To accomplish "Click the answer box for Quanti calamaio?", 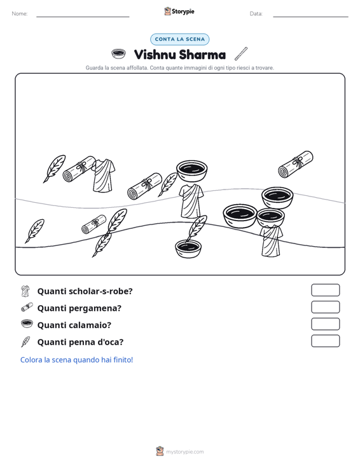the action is pos(325,324).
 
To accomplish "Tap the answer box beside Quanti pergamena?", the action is pos(325,307).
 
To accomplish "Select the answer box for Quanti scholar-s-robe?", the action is pos(325,290).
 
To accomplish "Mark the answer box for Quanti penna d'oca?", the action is pos(325,341).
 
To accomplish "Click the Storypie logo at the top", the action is pos(179,11).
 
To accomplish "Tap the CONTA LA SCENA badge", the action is pos(179,39).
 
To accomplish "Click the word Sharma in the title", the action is pos(202,55).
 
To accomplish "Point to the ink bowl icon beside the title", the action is pos(118,54).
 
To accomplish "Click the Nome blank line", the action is pos(83,17).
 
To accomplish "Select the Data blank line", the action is pos(310,17).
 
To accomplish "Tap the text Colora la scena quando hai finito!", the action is pos(76,360).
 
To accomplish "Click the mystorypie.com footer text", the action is pos(185,452).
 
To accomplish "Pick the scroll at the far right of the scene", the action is pos(296,165).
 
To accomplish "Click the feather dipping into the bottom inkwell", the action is pos(196,228).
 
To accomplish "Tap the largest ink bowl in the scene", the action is pos(240,216).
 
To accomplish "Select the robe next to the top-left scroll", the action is pos(103,175).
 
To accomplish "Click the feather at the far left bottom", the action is pos(35,231).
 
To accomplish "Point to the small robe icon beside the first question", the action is pos(25,291).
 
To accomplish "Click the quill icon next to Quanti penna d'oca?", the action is pos(25,342).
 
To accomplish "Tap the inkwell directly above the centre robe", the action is pos(191,170).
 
